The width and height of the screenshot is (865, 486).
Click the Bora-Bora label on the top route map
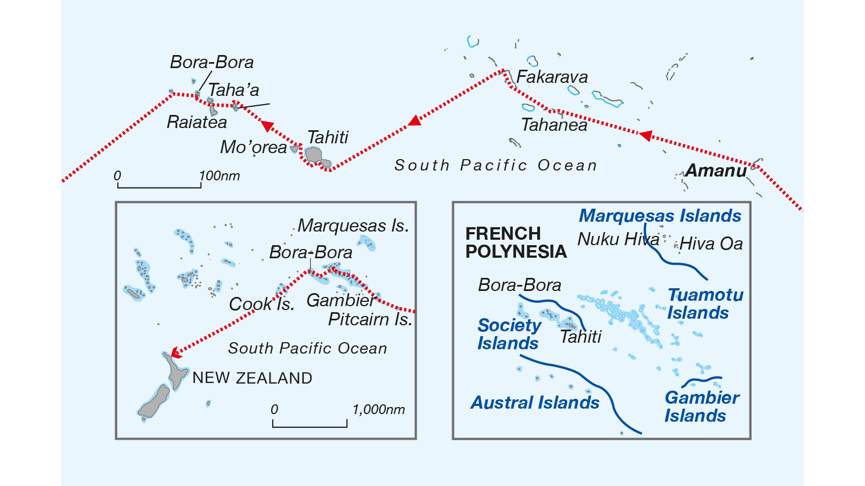tap(212, 62)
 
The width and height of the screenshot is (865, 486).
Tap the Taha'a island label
tap(233, 90)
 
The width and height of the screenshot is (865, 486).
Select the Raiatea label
tap(196, 122)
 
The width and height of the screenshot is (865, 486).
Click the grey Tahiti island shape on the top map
tap(315, 155)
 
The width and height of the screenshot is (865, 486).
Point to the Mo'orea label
tap(253, 147)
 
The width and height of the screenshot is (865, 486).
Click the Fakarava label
tap(552, 77)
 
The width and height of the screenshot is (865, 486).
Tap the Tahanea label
tap(554, 125)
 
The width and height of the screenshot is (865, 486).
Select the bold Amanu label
tap(716, 171)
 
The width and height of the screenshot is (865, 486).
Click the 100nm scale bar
tap(159, 187)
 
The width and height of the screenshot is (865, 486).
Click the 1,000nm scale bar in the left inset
tap(310, 426)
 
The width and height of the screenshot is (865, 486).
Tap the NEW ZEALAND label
tap(252, 378)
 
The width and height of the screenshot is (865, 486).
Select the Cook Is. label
tap(261, 304)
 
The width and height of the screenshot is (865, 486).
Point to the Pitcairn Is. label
tap(370, 319)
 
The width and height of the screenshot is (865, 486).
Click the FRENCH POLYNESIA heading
tap(515, 242)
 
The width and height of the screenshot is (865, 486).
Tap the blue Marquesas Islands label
tap(660, 216)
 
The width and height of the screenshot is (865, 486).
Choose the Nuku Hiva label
tap(618, 239)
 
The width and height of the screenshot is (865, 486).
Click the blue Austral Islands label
tap(535, 403)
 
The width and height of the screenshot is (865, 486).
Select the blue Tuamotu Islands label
tap(705, 303)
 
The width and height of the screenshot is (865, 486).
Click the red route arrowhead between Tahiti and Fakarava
tap(415, 120)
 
